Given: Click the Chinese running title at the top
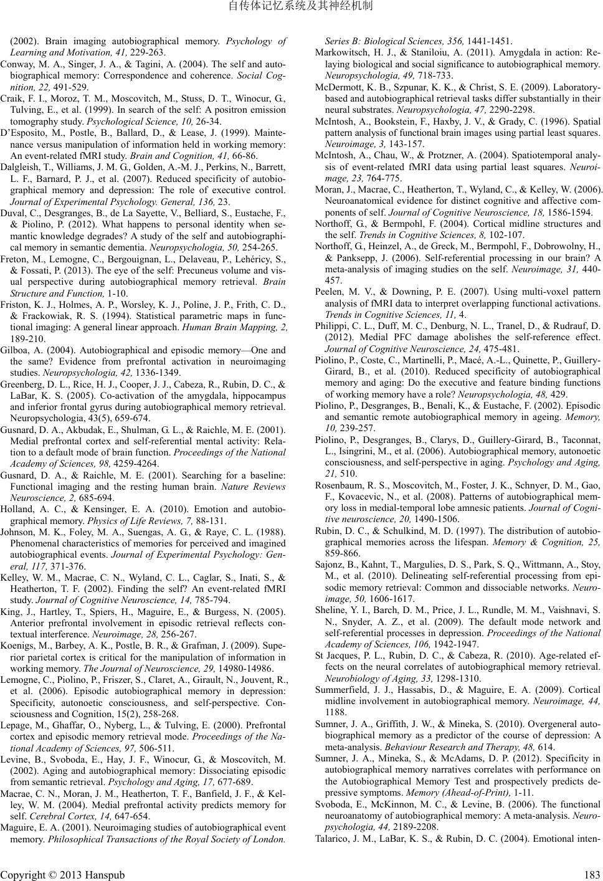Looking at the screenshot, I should tap(301, 7).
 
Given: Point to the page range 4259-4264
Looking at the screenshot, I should tap(134, 463).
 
